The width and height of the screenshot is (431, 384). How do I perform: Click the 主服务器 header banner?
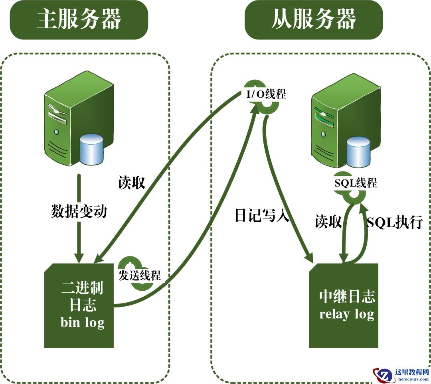(79, 20)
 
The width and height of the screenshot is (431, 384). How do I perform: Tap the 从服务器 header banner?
(314, 20)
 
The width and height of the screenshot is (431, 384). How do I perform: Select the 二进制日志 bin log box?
(79, 305)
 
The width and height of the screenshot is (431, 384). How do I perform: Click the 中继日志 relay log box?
(344, 305)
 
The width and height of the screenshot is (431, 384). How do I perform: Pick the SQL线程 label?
(355, 183)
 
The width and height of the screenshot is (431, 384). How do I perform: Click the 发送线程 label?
(140, 275)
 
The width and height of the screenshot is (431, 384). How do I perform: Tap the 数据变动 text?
(79, 211)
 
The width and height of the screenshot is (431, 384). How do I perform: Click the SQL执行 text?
(394, 223)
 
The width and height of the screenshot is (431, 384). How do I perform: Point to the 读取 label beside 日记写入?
(328, 222)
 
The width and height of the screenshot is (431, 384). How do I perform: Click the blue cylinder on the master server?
(91, 150)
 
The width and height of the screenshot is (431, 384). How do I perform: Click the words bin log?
(83, 322)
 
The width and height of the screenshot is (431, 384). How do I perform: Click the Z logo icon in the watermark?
(384, 375)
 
